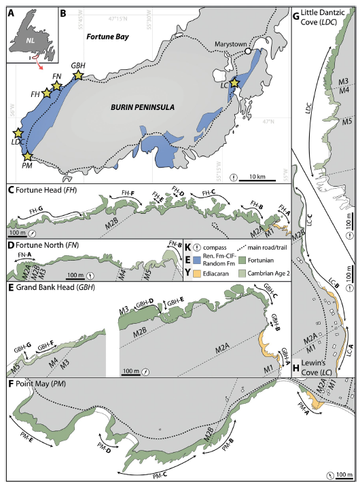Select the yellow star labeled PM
pos(26,157)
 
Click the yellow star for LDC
pos(18,134)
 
